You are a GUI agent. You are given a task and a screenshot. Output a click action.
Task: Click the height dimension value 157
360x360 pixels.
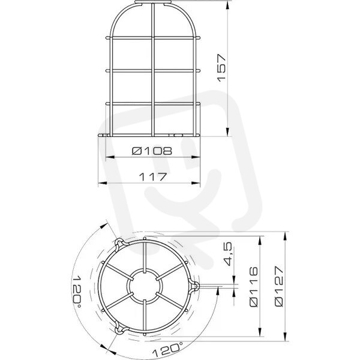coord(221,68)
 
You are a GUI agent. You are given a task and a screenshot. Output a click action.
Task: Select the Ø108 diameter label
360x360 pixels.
coord(152,151)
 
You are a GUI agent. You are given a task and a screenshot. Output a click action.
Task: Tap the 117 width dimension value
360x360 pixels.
coord(152,177)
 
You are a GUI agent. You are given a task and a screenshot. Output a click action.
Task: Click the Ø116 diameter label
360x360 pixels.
coord(254,287)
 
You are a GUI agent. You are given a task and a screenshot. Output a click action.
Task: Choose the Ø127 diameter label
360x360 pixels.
coord(279,286)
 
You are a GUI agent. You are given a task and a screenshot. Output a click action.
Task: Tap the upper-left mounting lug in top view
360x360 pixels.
coord(119,244)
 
